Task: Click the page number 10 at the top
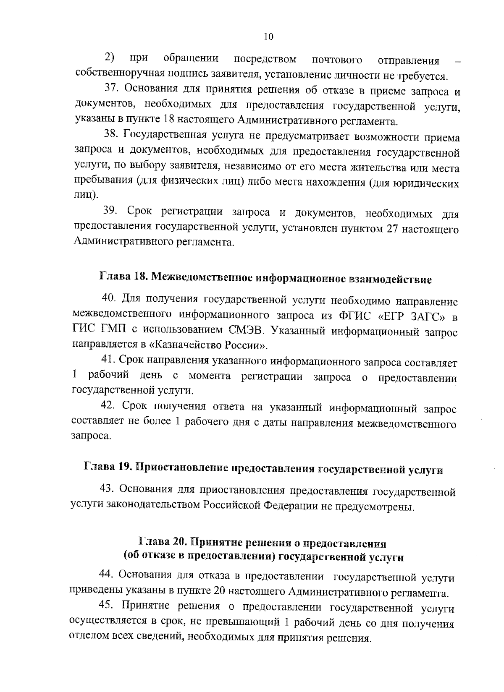[268, 37]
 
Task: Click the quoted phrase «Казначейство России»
[210, 346]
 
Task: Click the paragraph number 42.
[108, 406]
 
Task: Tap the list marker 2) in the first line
[110, 57]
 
